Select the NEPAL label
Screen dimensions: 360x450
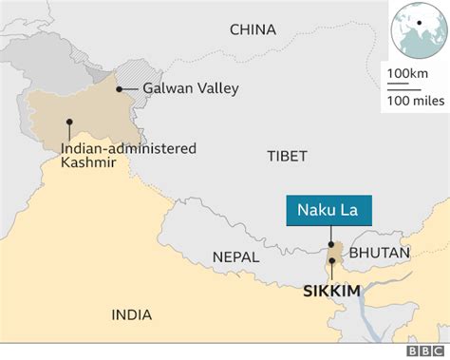coord(235,256)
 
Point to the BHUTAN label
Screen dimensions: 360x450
coord(380,253)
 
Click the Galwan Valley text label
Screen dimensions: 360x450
coord(190,89)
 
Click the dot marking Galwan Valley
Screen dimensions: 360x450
coord(120,89)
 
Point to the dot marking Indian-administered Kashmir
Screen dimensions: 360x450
coord(69,121)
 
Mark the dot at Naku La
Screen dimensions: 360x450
coord(330,244)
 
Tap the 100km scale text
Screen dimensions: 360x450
coord(405,73)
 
